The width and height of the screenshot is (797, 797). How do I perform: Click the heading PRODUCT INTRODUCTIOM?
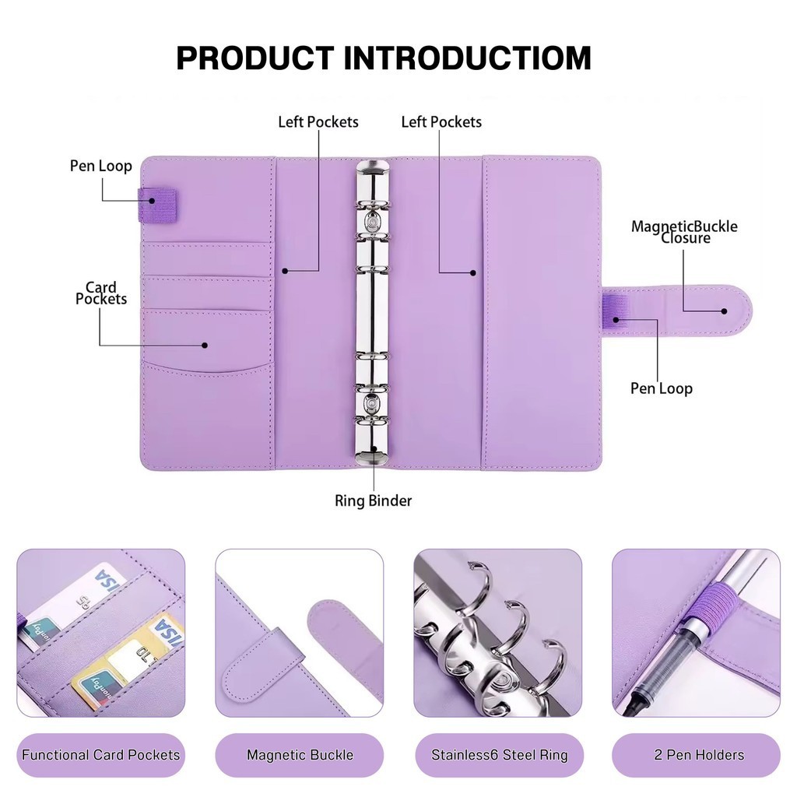tap(384, 58)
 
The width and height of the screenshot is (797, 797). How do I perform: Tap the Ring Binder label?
tap(373, 500)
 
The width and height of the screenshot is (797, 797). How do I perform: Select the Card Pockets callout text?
tap(100, 293)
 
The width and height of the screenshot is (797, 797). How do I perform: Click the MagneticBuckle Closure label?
tap(684, 232)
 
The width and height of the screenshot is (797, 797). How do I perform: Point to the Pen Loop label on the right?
tap(662, 388)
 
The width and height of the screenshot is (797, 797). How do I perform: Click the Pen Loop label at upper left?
tap(100, 166)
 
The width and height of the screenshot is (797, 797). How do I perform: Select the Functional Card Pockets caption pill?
tap(100, 755)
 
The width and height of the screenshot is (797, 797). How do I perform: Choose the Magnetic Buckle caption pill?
tap(300, 755)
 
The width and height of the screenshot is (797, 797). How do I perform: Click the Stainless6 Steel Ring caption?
tap(499, 755)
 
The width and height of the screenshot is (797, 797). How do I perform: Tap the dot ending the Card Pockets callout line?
tap(205, 345)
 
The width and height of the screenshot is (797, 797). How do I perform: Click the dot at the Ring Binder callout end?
tap(374, 449)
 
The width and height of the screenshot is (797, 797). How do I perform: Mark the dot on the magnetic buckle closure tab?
tap(725, 311)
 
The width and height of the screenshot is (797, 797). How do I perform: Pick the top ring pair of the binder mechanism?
tap(373, 205)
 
